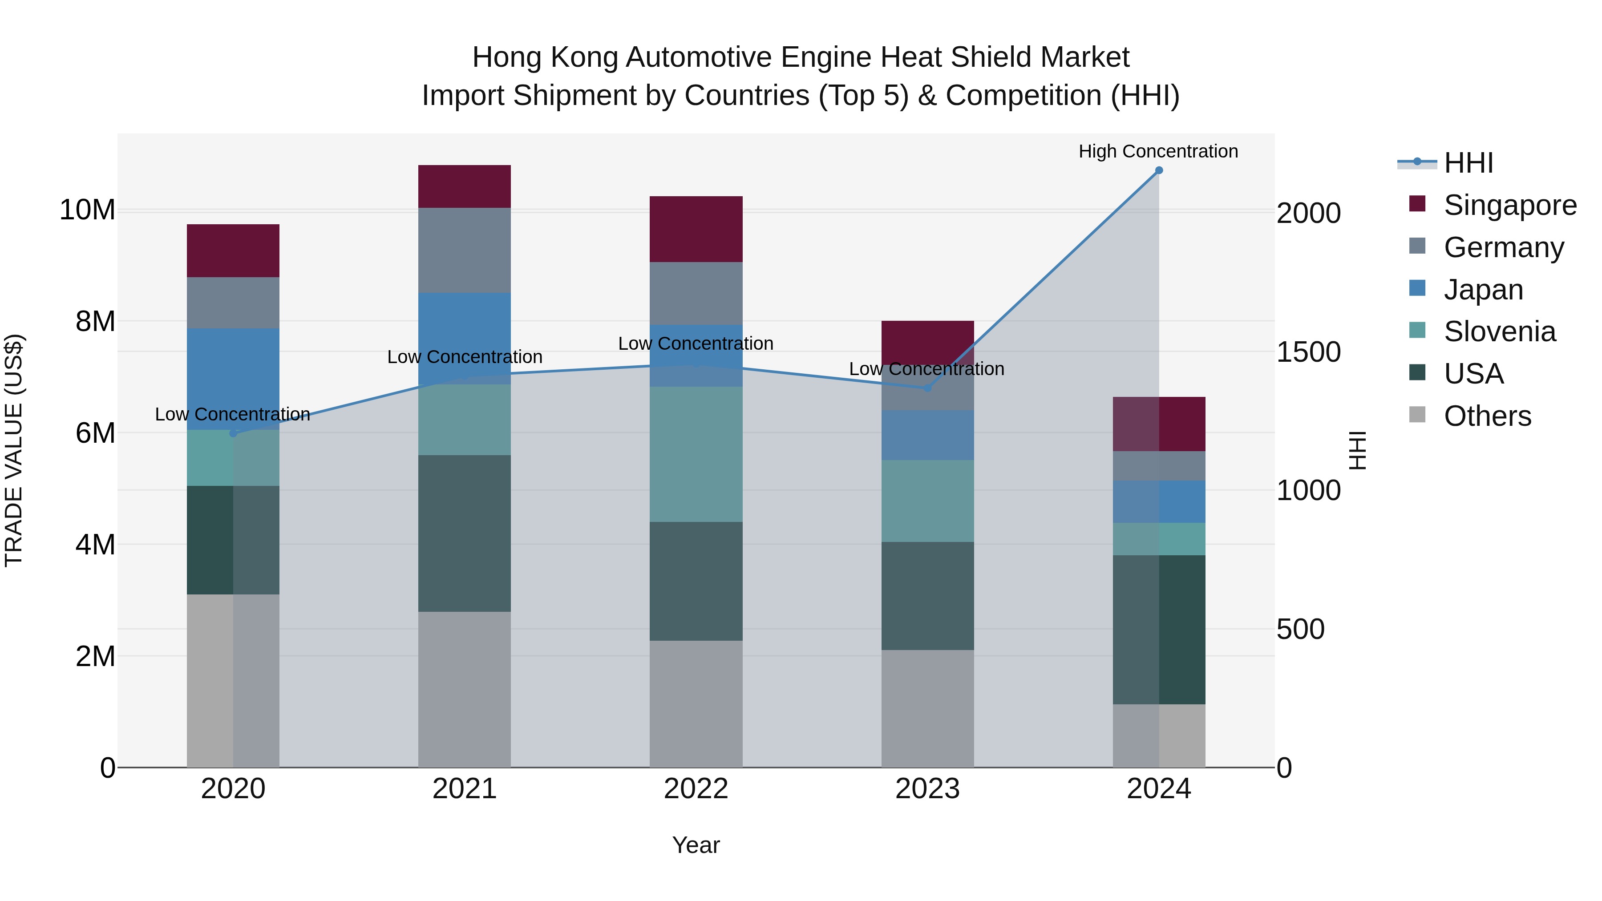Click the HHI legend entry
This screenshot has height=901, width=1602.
tap(1468, 163)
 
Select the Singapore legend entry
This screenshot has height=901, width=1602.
tap(1509, 205)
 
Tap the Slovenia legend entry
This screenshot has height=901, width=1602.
tap(1499, 331)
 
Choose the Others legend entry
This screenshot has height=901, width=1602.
tap(1487, 416)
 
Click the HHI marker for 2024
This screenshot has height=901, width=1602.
tap(1159, 170)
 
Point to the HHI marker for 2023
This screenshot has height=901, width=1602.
tap(927, 388)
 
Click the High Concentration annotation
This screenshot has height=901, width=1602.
tap(1158, 151)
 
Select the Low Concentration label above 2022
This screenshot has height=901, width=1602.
tap(695, 343)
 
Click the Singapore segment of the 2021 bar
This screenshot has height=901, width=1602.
tap(464, 186)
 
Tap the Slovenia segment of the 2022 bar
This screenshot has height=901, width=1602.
tap(696, 454)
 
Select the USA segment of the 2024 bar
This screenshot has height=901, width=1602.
tap(1159, 629)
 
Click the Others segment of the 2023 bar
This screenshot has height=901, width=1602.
tap(927, 709)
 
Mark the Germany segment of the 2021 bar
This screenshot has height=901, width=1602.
tap(464, 250)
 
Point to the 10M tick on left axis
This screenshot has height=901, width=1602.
tap(87, 210)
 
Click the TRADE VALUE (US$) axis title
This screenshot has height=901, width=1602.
tap(14, 450)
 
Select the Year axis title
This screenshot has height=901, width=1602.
tap(696, 845)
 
